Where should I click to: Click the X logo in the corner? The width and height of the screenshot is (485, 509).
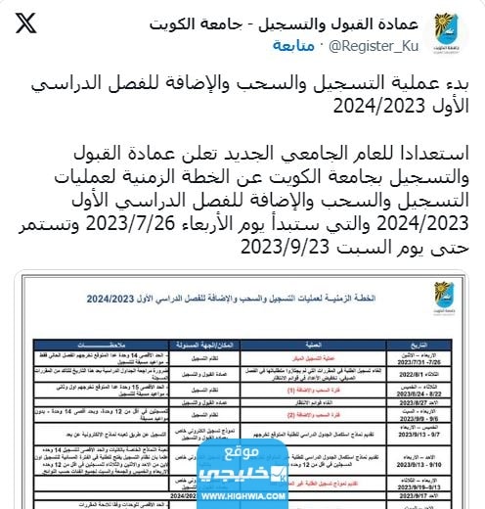(27, 22)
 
